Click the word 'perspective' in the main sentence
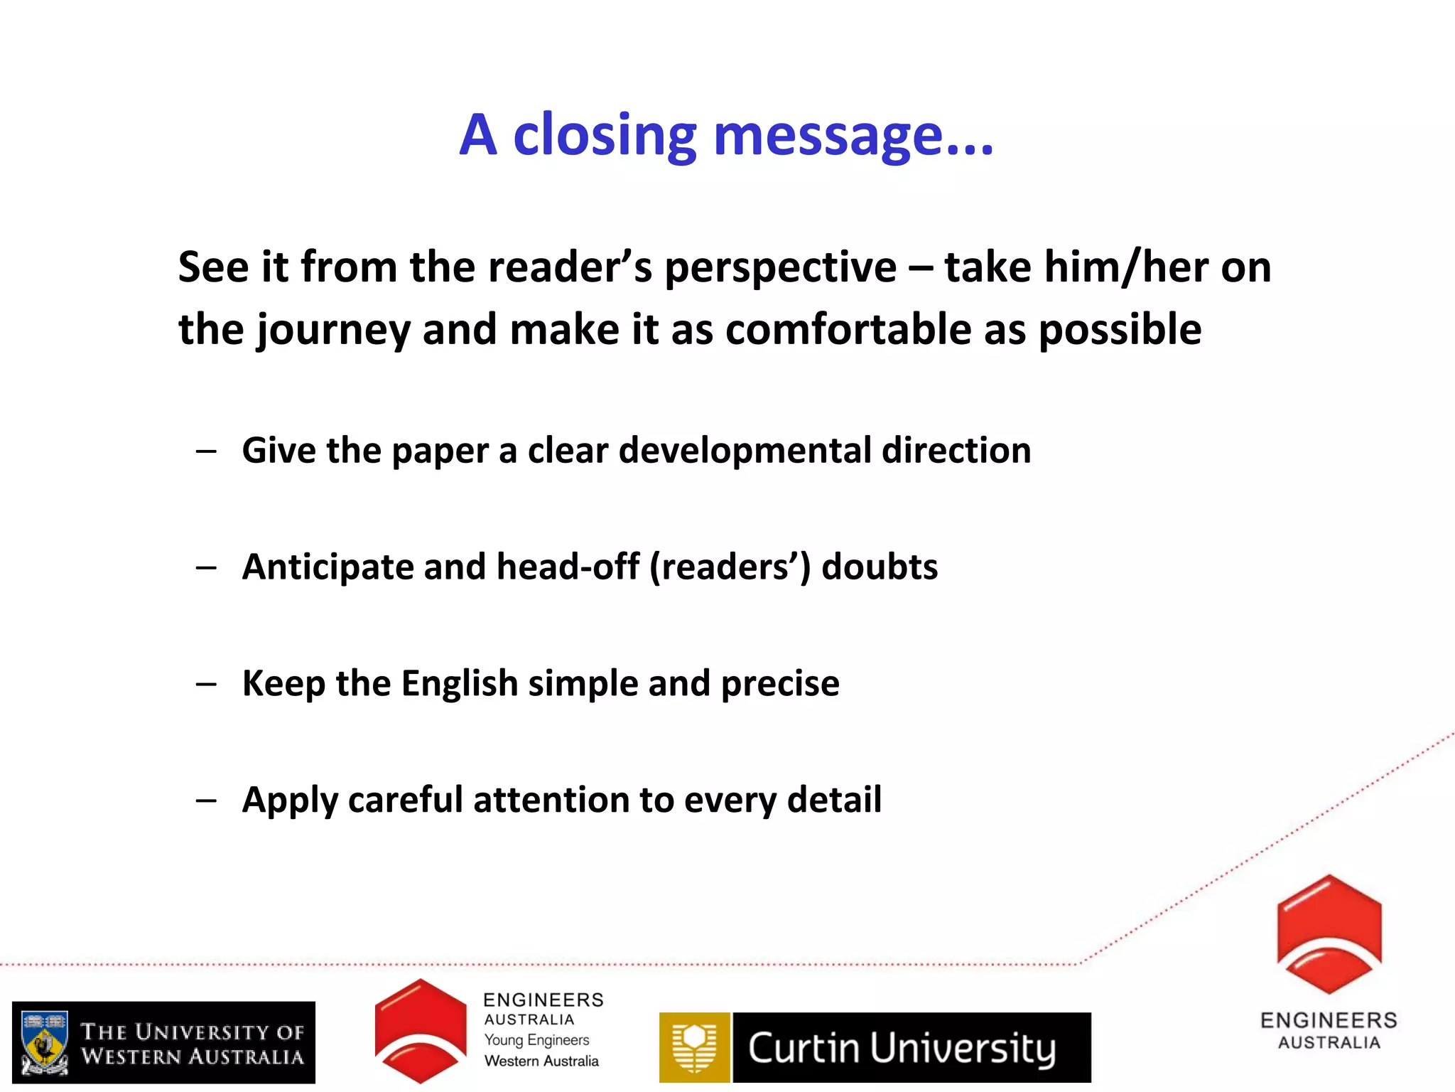[x=780, y=269]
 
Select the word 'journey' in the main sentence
[x=334, y=331]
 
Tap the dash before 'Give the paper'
[x=206, y=451]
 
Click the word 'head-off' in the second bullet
[x=568, y=567]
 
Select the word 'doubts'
[x=880, y=567]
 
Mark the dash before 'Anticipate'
[x=206, y=568]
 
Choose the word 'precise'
[x=780, y=684]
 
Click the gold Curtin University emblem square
[x=694, y=1047]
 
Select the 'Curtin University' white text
[x=902, y=1049]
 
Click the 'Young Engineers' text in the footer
[x=536, y=1040]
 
